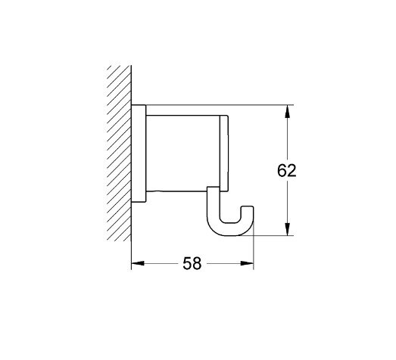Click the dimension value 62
click(285, 170)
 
